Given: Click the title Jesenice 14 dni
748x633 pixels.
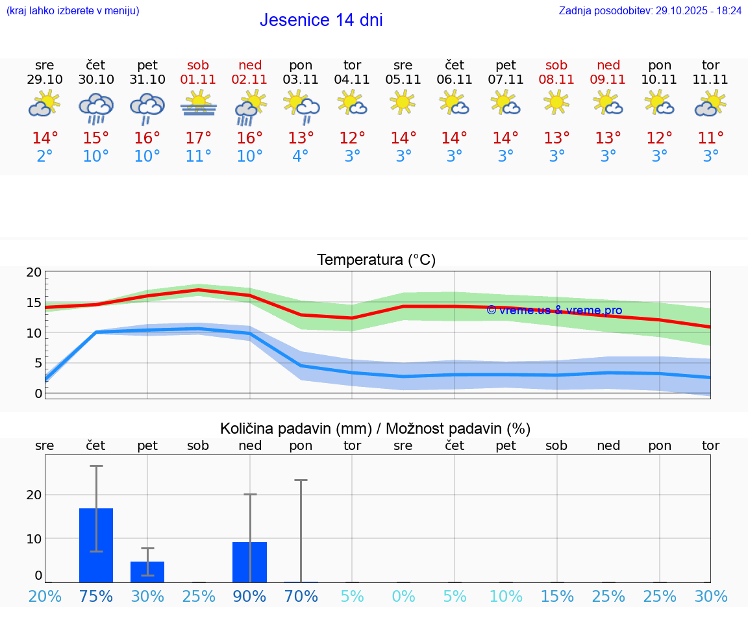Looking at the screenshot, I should [x=321, y=20].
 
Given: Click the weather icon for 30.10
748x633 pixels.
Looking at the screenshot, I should [x=96, y=108].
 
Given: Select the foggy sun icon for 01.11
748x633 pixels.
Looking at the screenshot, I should [x=199, y=104].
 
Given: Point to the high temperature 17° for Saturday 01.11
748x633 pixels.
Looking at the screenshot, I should [x=199, y=138].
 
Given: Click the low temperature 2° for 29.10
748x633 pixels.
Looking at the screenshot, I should [x=45, y=156].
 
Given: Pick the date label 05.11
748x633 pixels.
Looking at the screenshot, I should [x=403, y=80].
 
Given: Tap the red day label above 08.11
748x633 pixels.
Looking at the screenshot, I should [x=556, y=65].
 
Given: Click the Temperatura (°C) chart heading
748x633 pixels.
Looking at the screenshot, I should [x=376, y=260].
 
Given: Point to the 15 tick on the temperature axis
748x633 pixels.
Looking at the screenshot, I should [x=34, y=303].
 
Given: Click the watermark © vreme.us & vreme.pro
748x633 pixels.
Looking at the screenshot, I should [x=554, y=310].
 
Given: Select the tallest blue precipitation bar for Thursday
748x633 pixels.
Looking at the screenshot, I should [x=96, y=545].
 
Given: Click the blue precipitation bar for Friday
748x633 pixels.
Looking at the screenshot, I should [x=147, y=572].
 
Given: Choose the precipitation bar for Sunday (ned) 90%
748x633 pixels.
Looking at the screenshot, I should [x=250, y=562].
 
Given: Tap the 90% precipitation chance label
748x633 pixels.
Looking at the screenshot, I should [x=250, y=597].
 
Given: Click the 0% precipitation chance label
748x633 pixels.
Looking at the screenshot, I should [x=403, y=597].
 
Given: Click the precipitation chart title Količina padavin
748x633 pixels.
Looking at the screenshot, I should [x=375, y=428].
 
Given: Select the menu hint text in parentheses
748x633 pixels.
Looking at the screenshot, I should [x=73, y=11].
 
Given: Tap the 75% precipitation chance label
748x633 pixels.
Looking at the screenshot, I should [x=96, y=597].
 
